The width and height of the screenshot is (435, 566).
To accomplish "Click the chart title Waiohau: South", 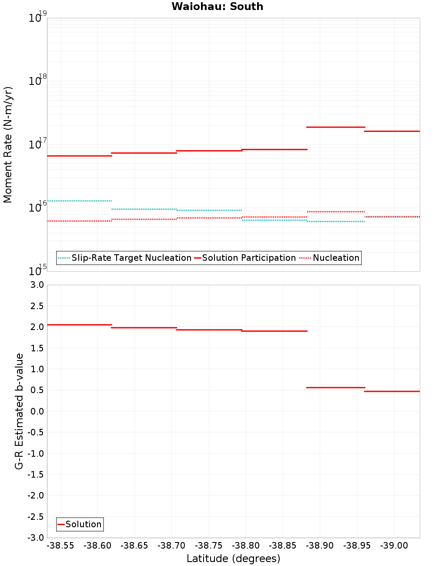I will pos(217,7).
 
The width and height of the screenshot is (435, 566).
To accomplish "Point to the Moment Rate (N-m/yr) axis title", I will pos(8,145).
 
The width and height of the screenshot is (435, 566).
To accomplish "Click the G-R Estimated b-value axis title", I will pos(19,411).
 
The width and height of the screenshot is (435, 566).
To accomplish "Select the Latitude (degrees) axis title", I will pos(233,559).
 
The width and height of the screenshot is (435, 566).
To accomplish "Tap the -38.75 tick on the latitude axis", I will pos(209,546).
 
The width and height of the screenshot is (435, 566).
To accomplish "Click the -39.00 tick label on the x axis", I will pos(394,546).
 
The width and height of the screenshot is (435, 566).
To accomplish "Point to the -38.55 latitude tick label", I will pos(60,546).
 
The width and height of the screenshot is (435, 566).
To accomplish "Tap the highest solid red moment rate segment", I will pos(336,127).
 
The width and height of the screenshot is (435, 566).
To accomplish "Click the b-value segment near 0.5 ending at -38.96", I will pos(336,387).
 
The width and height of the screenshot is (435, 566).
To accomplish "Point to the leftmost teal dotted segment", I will pos(79,201).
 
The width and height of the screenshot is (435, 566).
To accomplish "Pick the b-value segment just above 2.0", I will pos(79,325).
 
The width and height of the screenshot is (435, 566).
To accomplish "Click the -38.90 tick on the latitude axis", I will pos(320,546).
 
